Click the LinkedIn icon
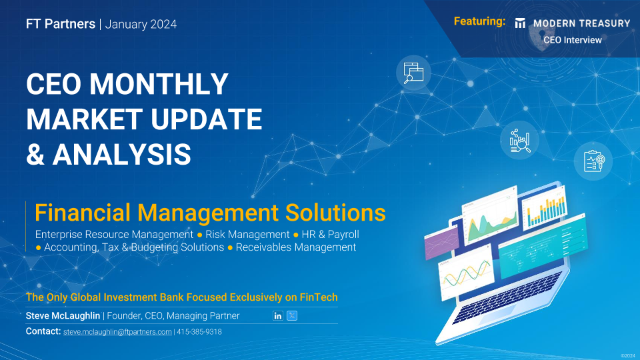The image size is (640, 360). [277, 315]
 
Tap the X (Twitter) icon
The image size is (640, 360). [292, 315]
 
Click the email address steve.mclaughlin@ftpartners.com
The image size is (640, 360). [117, 332]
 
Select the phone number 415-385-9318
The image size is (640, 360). [199, 332]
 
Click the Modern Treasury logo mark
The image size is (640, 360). [520, 23]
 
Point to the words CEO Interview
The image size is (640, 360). [572, 40]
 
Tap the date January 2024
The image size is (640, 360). [141, 25]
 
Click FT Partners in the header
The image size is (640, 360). [61, 24]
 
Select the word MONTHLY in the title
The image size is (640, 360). [159, 84]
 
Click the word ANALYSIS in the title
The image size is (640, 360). [121, 154]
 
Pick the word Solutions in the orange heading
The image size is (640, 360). [335, 213]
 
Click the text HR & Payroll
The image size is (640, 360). [330, 235]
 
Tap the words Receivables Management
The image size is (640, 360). [296, 247]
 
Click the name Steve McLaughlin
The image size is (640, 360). [63, 316]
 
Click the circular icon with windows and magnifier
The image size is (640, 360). [413, 73]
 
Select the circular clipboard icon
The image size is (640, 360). [593, 161]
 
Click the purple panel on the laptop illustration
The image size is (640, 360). [441, 243]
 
